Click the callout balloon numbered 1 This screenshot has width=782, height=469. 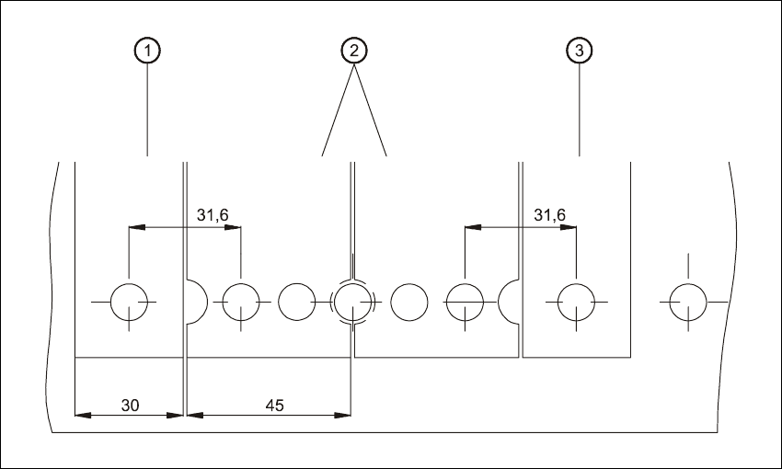click(x=146, y=51)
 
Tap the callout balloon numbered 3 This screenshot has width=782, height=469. click(x=578, y=51)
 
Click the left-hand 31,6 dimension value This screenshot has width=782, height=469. click(x=213, y=215)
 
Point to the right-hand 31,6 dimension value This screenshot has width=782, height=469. click(x=549, y=215)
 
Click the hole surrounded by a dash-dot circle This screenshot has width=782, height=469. click(x=352, y=301)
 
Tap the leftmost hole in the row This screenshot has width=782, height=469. click(x=129, y=301)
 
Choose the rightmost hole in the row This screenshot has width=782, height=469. click(x=687, y=301)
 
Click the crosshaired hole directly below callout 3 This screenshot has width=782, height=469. click(x=576, y=301)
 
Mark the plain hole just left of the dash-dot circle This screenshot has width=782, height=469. click(x=296, y=301)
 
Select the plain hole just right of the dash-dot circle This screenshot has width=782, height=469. click(x=408, y=301)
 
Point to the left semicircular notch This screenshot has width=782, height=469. click(x=195, y=301)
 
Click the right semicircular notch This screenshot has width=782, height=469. click(x=509, y=301)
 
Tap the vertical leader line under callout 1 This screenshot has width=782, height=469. click(x=146, y=110)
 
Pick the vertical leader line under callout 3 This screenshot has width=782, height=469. click(x=578, y=110)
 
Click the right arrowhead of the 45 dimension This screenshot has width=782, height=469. click(x=345, y=415)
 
